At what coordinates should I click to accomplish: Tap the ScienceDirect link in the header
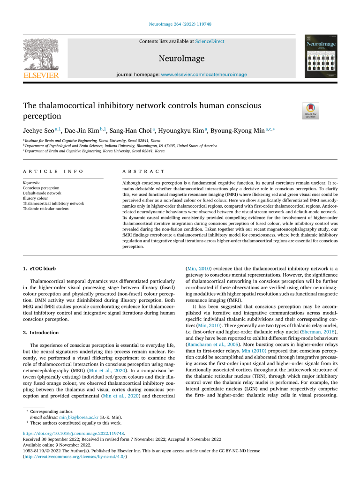210,41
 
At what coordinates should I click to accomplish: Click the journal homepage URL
203,75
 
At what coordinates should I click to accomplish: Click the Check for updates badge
310,111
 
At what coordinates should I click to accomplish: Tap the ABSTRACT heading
143,172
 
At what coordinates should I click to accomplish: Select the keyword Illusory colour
35,198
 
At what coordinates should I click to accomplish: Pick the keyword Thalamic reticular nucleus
45,209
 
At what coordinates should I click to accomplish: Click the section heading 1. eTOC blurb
40,268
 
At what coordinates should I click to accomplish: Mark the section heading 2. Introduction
41,332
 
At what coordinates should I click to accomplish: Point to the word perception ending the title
42,116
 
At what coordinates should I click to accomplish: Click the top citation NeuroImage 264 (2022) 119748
180,24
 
